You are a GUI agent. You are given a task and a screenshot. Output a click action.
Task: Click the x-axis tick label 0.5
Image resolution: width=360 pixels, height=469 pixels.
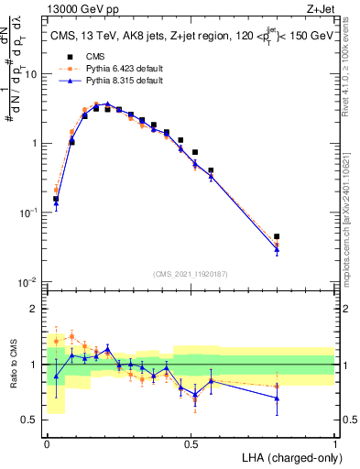click(x=191, y=442)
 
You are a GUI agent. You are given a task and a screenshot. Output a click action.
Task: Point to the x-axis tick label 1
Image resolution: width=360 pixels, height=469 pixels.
click(x=335, y=442)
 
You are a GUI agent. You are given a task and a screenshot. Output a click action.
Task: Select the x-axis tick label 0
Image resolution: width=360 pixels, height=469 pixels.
click(x=46, y=442)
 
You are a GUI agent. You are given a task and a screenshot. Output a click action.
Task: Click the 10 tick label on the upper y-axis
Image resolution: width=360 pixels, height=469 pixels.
click(x=30, y=74)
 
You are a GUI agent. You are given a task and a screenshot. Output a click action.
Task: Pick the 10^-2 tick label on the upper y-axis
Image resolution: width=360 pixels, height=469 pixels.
click(x=28, y=281)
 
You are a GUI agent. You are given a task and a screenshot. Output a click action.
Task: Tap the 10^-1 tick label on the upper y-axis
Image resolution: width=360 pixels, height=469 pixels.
click(x=28, y=212)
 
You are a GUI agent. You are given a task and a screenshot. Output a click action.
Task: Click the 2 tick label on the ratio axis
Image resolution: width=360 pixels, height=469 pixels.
click(x=36, y=309)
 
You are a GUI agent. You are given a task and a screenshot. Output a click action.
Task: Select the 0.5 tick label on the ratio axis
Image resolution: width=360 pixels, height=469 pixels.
click(x=31, y=420)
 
